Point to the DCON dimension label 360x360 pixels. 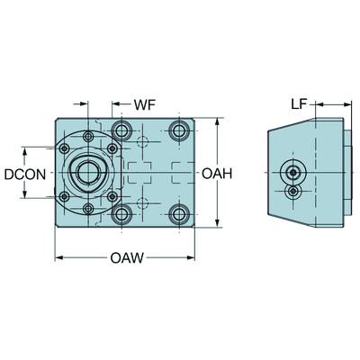19,173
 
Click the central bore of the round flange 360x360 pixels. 88,172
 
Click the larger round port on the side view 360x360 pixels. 292,173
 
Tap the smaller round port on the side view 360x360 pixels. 293,191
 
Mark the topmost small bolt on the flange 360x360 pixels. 88,136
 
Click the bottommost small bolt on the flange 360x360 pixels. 88,209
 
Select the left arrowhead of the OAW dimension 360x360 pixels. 57,259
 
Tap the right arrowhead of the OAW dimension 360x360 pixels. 196,259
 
